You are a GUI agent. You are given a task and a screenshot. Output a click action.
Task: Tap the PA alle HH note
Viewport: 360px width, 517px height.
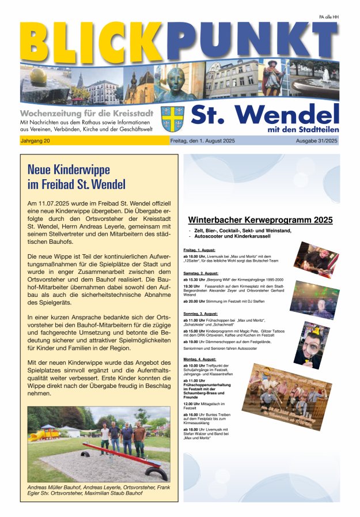(329, 17)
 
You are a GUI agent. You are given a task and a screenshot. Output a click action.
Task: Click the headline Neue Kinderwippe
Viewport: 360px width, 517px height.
(69, 170)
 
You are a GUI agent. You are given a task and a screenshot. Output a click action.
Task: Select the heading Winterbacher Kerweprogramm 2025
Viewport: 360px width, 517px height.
(261, 220)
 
